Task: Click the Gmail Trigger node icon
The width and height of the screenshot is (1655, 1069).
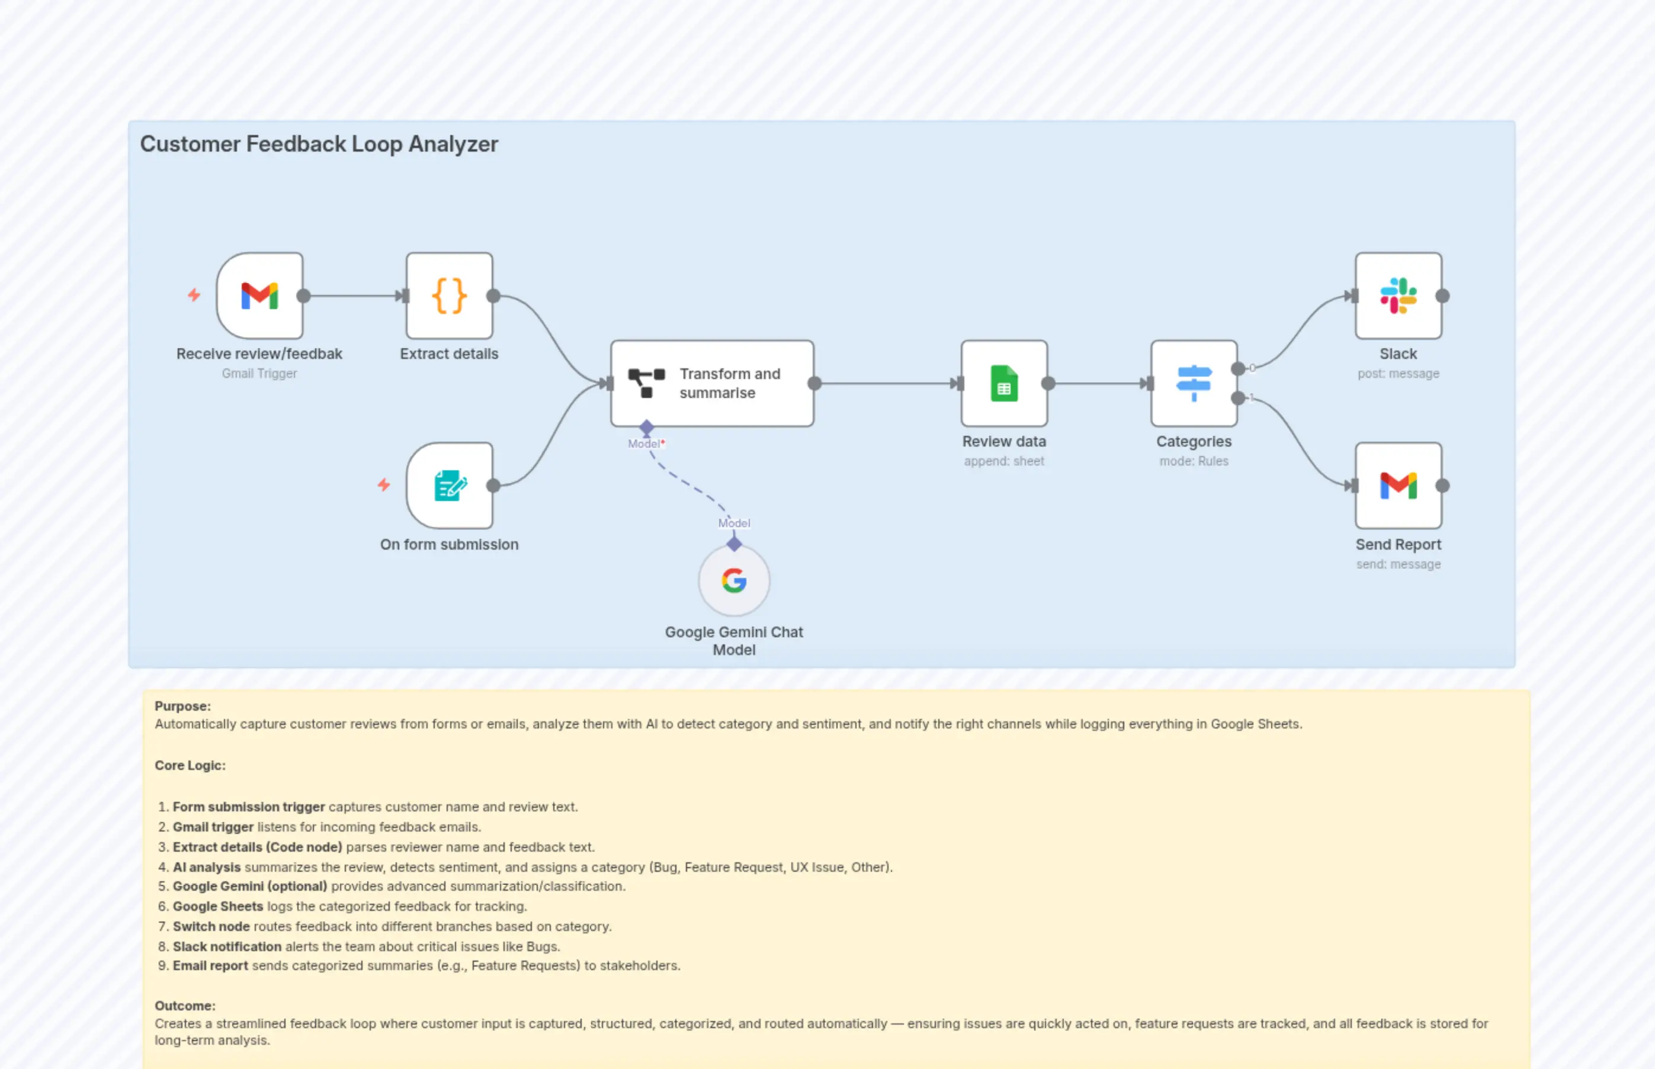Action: [x=259, y=296]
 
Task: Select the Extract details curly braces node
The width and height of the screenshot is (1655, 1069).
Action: [x=449, y=296]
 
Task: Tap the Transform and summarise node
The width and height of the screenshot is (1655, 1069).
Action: [x=711, y=383]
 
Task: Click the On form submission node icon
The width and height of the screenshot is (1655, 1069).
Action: [x=449, y=486]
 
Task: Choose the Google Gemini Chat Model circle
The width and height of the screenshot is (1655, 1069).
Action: [x=734, y=580]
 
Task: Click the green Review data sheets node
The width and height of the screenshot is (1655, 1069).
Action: [x=1004, y=383]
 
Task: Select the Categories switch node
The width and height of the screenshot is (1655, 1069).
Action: [x=1194, y=383]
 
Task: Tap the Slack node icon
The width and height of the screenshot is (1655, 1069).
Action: [x=1398, y=296]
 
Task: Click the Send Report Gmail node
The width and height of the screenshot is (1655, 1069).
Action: [x=1398, y=486]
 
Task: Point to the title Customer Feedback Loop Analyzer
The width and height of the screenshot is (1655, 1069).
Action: [x=319, y=144]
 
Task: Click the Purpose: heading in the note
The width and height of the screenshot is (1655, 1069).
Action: [x=182, y=706]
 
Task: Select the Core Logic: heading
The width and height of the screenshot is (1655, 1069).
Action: [x=190, y=765]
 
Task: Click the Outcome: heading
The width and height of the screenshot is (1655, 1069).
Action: [x=185, y=1005]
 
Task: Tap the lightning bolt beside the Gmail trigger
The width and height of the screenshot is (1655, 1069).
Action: [x=194, y=295]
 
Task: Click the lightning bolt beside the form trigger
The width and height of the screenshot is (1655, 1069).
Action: [x=384, y=484]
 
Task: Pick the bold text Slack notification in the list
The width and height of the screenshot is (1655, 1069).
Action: [x=227, y=946]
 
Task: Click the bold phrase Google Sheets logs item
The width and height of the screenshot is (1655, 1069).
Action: [x=218, y=906]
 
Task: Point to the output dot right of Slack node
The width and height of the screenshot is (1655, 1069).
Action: [x=1442, y=296]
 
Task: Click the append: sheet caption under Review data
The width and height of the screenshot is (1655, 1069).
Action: [x=1004, y=461]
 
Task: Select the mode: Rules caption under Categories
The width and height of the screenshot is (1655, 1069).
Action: [x=1194, y=461]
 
